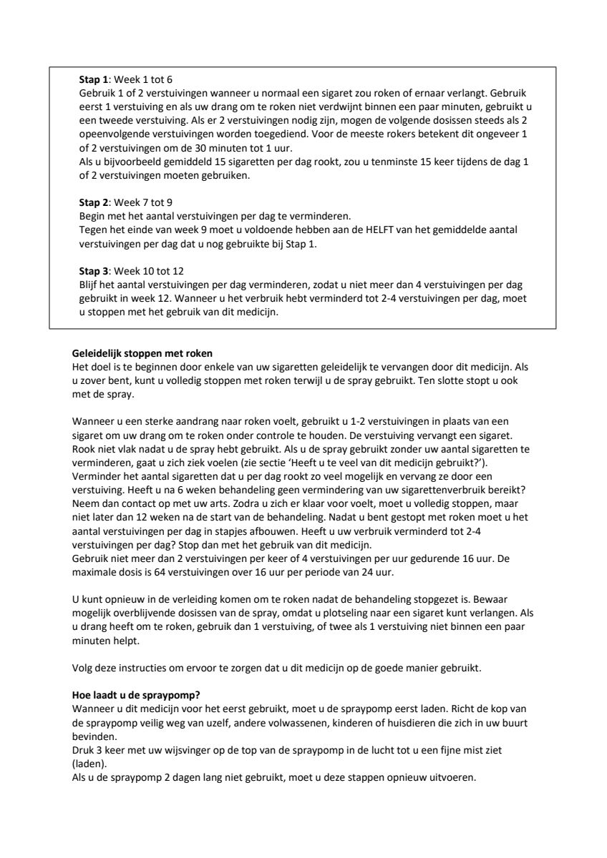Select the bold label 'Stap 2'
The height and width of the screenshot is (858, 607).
(x=92, y=202)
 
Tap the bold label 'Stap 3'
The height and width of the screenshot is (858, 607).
(x=92, y=271)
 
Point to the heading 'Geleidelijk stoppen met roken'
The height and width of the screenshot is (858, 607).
(x=142, y=353)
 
